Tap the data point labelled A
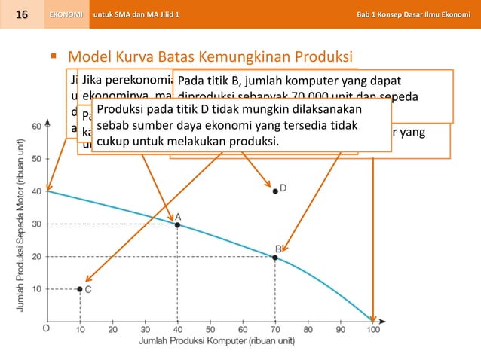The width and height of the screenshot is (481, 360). coord(177,224)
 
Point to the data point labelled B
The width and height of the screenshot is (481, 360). coord(275,258)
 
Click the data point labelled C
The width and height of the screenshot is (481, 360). coord(80,289)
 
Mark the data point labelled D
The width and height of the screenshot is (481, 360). coord(275,191)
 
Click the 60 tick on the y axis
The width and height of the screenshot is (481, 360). coord(35,126)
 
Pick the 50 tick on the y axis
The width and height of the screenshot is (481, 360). coord(35,158)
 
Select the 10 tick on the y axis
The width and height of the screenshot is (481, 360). coord(35,289)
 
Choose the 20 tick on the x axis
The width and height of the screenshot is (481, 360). coord(112,328)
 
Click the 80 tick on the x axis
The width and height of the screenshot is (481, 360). coord(308,328)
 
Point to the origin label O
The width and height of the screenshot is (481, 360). coord(46,328)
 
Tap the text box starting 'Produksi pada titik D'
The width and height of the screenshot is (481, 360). coord(241,127)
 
